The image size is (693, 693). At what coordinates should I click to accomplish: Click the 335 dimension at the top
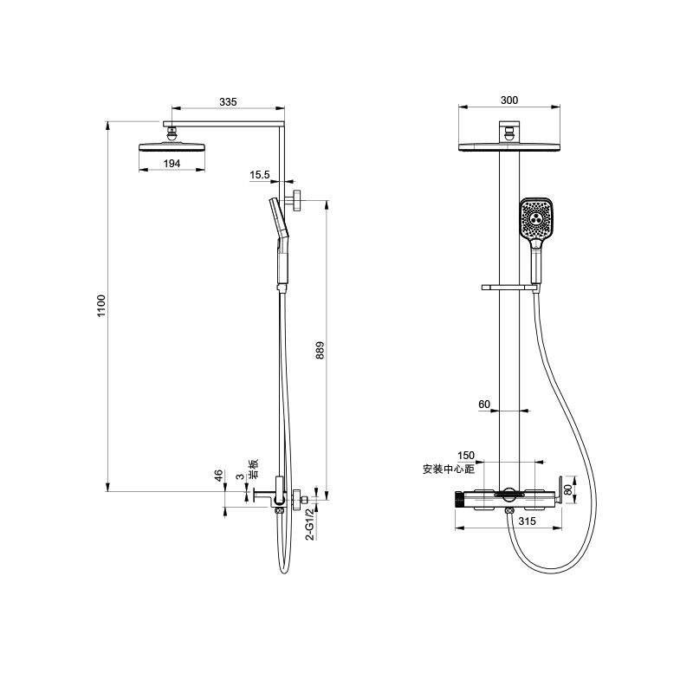pyautogui.click(x=228, y=102)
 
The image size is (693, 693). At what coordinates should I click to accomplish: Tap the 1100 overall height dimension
pyautogui.click(x=101, y=306)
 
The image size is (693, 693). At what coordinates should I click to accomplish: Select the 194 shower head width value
pyautogui.click(x=172, y=164)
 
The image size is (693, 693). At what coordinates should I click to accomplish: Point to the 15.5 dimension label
pyautogui.click(x=259, y=175)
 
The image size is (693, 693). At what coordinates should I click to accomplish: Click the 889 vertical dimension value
pyautogui.click(x=321, y=350)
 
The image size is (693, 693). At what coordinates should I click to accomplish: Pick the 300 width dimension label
pyautogui.click(x=509, y=100)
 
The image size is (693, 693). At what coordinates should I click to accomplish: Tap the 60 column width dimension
pyautogui.click(x=484, y=405)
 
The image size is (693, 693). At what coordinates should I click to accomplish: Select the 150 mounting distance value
pyautogui.click(x=466, y=456)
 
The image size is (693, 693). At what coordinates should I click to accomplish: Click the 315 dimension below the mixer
pyautogui.click(x=528, y=521)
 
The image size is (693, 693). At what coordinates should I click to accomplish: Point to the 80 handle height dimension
pyautogui.click(x=568, y=489)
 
